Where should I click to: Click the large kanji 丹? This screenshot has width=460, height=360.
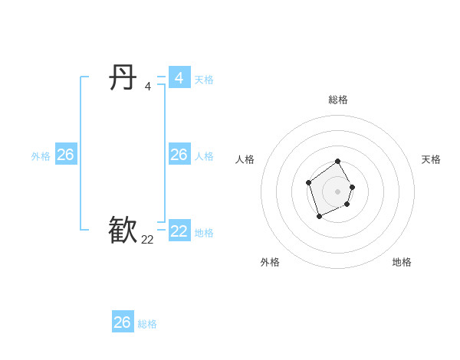pyautogui.click(x=123, y=78)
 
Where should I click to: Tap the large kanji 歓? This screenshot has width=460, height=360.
pyautogui.click(x=123, y=231)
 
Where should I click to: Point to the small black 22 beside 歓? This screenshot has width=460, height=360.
pyautogui.click(x=147, y=240)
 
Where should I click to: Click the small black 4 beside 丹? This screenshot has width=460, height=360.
pyautogui.click(x=147, y=87)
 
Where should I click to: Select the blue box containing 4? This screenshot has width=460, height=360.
pyautogui.click(x=179, y=78)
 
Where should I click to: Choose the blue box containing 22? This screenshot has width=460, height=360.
pyautogui.click(x=179, y=231)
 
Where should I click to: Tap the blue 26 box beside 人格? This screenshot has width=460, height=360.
pyautogui.click(x=179, y=155)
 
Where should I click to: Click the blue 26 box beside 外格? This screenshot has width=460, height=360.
pyautogui.click(x=65, y=155)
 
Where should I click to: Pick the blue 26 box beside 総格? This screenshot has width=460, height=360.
pyautogui.click(x=123, y=322)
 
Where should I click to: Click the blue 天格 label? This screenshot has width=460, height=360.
pyautogui.click(x=204, y=80)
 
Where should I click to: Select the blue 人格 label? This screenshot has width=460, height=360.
pyautogui.click(x=204, y=156)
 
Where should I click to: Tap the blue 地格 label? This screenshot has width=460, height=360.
pyautogui.click(x=204, y=233)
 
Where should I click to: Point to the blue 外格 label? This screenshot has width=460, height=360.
pyautogui.click(x=41, y=156)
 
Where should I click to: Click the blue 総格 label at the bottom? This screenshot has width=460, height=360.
pyautogui.click(x=147, y=324)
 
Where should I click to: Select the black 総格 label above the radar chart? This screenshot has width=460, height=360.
pyautogui.click(x=338, y=100)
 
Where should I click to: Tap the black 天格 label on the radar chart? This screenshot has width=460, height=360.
pyautogui.click(x=431, y=159)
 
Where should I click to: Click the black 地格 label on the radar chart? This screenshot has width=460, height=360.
pyautogui.click(x=402, y=262)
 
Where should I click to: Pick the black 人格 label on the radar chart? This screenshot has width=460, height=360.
pyautogui.click(x=245, y=159)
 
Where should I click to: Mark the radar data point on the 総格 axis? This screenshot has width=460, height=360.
pyautogui.click(x=338, y=162)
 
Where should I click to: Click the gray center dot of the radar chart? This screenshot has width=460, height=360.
pyautogui.click(x=338, y=191)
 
